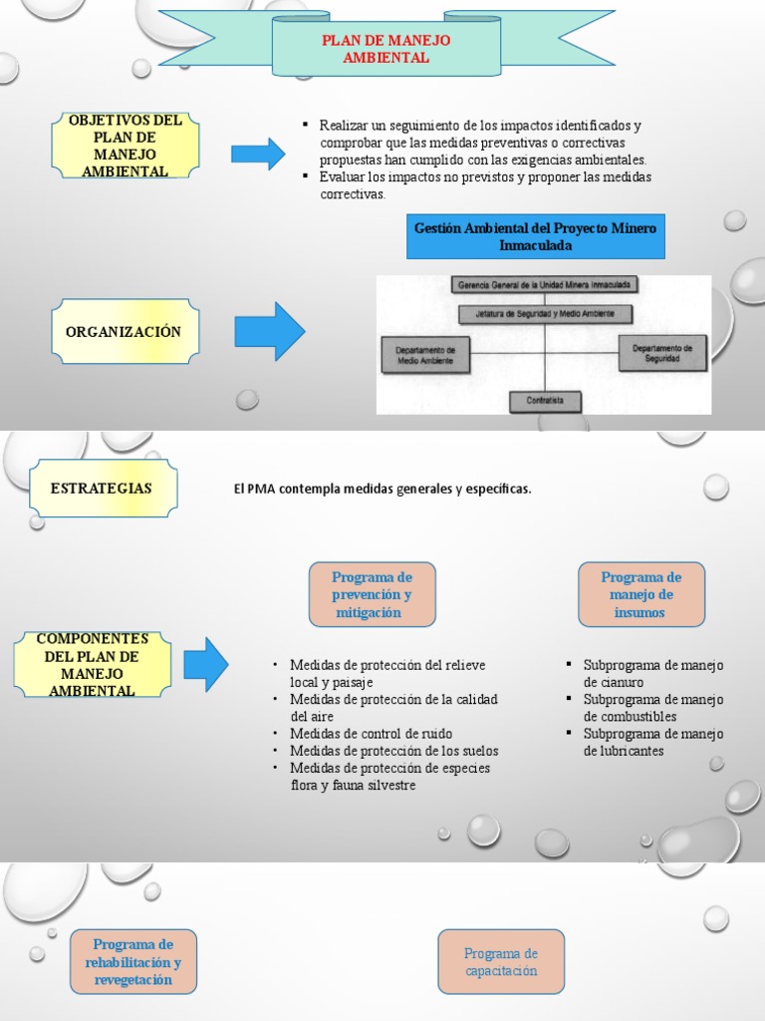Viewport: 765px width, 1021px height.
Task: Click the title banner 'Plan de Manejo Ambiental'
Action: click(x=385, y=49)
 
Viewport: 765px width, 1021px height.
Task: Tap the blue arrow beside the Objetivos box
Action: click(x=258, y=154)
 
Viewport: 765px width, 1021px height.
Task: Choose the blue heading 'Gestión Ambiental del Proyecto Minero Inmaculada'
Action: click(x=535, y=236)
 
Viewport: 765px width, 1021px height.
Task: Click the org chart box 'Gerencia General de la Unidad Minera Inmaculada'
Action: click(x=544, y=284)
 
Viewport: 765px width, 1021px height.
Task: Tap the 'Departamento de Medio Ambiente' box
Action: click(x=424, y=355)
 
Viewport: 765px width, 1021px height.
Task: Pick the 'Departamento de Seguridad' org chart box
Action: click(x=662, y=353)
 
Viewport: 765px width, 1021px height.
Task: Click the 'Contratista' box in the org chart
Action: click(x=544, y=401)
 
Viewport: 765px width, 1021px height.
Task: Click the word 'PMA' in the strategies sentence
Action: click(x=262, y=489)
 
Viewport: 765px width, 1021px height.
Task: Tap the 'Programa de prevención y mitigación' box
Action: click(x=372, y=594)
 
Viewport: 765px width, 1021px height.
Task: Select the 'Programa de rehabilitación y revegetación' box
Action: click(x=132, y=962)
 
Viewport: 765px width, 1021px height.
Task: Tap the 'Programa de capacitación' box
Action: click(x=500, y=962)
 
